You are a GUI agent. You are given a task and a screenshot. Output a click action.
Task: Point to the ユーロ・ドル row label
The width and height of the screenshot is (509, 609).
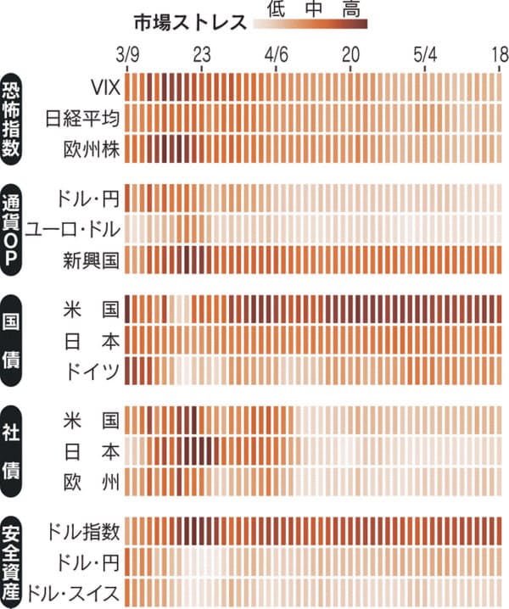click(73, 228)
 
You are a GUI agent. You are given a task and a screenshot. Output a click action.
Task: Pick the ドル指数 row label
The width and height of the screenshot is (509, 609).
click(84, 532)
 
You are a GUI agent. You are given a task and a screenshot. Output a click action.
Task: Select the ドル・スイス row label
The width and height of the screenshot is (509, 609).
click(73, 591)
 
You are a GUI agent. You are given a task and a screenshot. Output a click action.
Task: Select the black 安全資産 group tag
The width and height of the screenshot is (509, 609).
click(14, 562)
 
